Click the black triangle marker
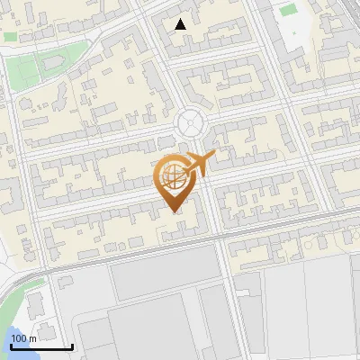(181, 24)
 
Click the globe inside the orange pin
(172, 176)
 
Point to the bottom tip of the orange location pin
(174, 211)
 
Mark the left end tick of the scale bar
(11, 346)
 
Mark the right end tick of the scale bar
(72, 346)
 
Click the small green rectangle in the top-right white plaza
(287, 10)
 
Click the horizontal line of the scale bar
(41, 346)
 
